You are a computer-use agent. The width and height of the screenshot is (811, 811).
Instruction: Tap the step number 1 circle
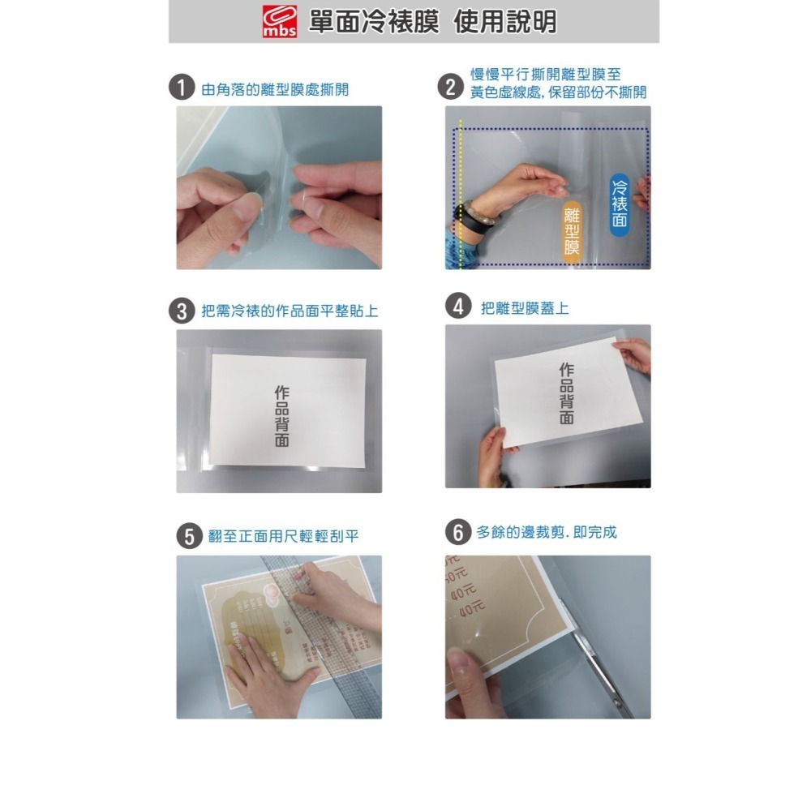(181, 88)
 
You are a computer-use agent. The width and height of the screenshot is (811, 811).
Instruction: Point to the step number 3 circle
(181, 311)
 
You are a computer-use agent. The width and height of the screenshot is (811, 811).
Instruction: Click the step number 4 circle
(459, 308)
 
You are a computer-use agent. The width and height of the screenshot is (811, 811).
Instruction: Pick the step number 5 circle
(189, 536)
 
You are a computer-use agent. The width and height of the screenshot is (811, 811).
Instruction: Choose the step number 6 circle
(458, 533)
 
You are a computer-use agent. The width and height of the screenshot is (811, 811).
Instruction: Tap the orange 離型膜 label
(573, 230)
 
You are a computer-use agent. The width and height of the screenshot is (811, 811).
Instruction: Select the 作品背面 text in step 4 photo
(566, 393)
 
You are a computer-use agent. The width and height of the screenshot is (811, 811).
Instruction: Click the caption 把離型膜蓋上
(525, 309)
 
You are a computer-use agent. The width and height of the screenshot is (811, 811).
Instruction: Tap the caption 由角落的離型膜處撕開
(275, 89)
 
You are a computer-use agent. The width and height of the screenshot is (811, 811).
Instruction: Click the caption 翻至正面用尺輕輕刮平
(283, 537)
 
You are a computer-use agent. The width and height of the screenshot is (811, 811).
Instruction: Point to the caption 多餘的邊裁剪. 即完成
(546, 533)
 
